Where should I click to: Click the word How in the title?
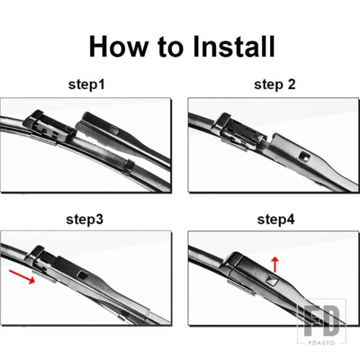click(118, 46)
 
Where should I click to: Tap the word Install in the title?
click(234, 46)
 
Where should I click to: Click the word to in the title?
click(171, 47)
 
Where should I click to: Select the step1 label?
click(86, 84)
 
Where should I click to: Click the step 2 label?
click(275, 84)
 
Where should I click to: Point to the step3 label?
click(85, 219)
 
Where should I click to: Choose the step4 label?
click(276, 219)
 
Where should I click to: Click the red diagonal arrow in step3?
click(22, 277)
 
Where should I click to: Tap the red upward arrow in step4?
click(275, 265)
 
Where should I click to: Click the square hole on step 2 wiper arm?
click(304, 157)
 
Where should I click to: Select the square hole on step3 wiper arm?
click(82, 274)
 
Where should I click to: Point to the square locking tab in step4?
click(272, 280)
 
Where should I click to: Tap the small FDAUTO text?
click(322, 343)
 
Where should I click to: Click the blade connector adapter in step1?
click(49, 128)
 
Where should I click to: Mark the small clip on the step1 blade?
click(129, 166)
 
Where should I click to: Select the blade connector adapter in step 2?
click(239, 132)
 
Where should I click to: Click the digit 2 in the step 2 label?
click(292, 84)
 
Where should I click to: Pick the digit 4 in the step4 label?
click(290, 219)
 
